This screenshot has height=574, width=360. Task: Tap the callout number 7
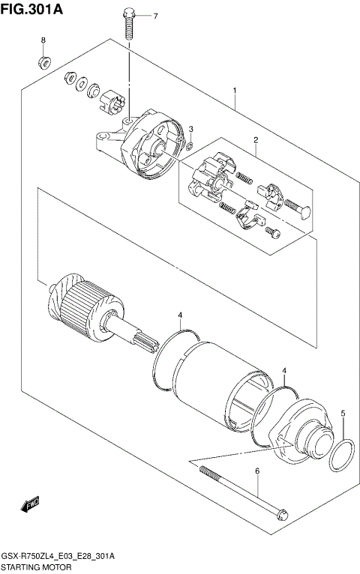[155, 16]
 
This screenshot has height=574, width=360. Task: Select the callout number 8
[43, 40]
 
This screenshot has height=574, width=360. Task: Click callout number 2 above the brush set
[255, 140]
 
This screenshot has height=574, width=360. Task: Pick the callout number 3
[190, 129]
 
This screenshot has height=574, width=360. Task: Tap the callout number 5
[343, 413]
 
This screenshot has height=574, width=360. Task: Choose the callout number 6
[256, 471]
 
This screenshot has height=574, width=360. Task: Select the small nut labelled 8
[43, 60]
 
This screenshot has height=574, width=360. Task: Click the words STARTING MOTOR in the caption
[34, 568]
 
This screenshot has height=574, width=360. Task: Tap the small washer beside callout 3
[190, 144]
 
